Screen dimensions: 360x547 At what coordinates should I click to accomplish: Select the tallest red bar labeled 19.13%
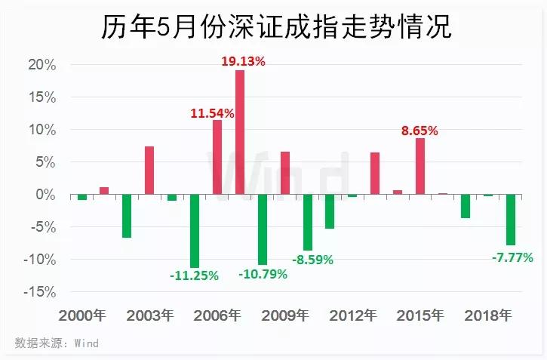[x=240, y=132]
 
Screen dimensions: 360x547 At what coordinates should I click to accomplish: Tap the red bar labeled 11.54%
[x=217, y=157]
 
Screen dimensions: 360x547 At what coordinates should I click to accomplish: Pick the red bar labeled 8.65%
[x=420, y=166]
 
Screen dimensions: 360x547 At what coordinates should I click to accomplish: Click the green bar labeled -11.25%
[x=195, y=231]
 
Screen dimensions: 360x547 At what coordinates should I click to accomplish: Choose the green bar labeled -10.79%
[x=263, y=229]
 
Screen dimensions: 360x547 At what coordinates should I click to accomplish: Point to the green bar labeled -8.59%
[x=308, y=223]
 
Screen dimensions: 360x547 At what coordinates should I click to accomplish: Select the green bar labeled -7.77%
[x=511, y=220]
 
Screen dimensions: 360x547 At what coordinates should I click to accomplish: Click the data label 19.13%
[x=243, y=61]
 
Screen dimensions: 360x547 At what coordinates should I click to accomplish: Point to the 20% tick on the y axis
[x=41, y=65]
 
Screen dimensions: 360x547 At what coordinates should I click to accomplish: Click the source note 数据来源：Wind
[x=57, y=343]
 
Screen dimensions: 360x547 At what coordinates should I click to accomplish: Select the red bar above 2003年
[x=149, y=171]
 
